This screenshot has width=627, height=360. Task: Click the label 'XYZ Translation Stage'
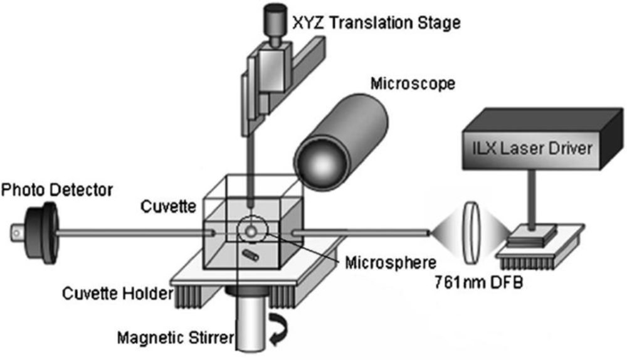point(376,24)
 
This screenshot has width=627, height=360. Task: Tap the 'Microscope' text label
point(412,83)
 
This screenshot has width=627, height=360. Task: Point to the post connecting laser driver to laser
point(534,201)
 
